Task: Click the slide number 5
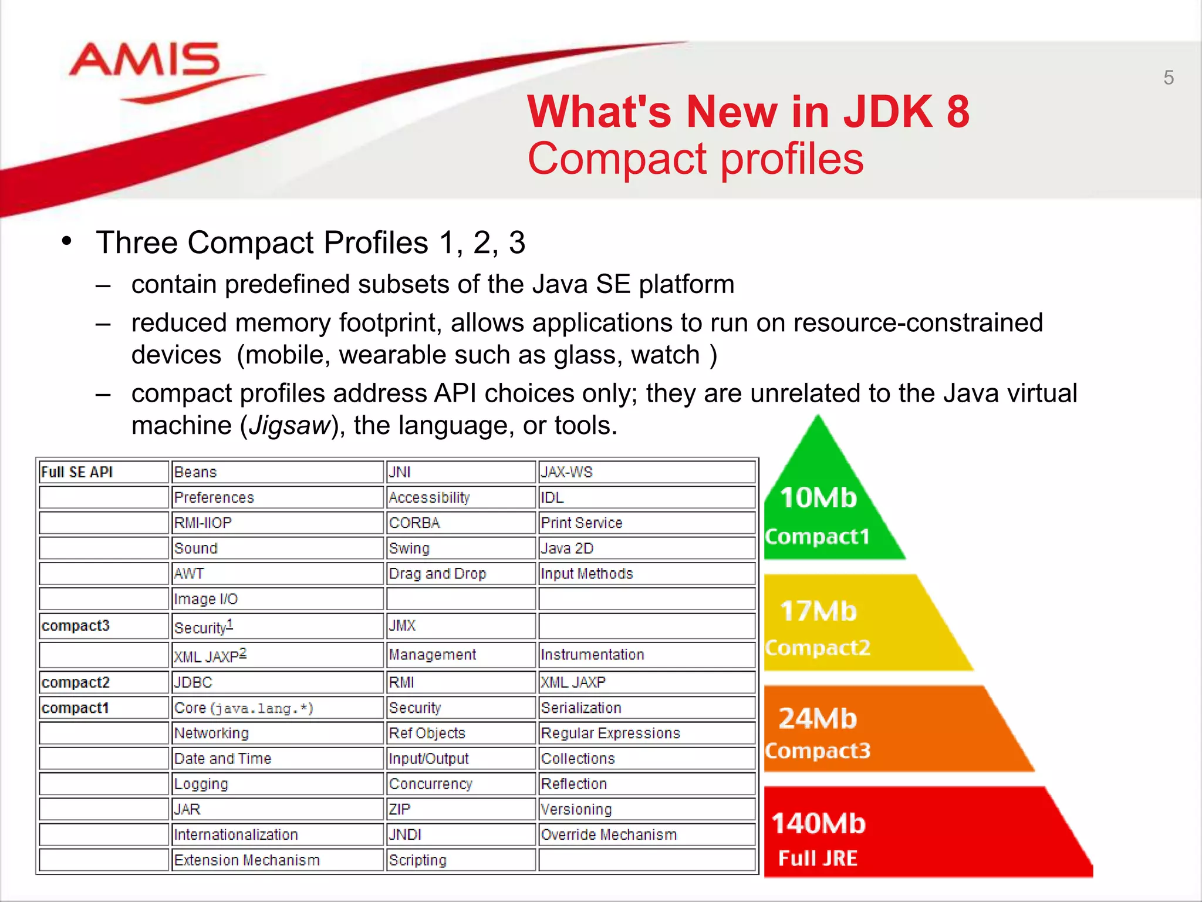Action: [x=1168, y=78]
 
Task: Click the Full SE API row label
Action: [x=77, y=472]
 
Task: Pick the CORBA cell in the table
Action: [x=414, y=523]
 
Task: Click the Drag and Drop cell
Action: [x=437, y=574]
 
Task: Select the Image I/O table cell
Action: [x=206, y=599]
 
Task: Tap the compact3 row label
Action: [x=76, y=625]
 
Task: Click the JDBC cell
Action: [x=193, y=682]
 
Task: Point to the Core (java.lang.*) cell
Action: [x=244, y=708]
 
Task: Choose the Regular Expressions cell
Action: [x=610, y=733]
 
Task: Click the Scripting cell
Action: [x=418, y=860]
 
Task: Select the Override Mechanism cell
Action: [x=609, y=834]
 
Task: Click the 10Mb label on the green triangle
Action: [x=818, y=498]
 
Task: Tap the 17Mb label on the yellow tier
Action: [x=818, y=611]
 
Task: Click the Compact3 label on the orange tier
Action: [x=818, y=750]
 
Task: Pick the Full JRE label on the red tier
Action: [x=818, y=859]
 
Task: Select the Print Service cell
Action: [x=581, y=523]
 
